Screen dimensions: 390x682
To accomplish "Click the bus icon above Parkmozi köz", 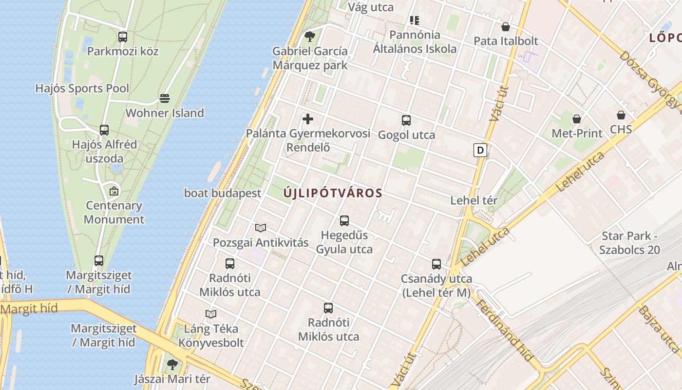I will click(123, 37).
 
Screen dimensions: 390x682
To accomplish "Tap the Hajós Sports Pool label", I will click(82, 88).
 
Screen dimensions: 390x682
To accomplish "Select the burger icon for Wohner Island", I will click(165, 98).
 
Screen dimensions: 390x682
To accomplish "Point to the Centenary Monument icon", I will click(114, 191).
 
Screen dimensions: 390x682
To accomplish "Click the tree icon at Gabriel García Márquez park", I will click(309, 37).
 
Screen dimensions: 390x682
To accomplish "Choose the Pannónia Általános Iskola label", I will click(415, 42).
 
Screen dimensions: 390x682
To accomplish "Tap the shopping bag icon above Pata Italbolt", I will click(506, 27).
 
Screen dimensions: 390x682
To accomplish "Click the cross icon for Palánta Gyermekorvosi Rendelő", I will click(308, 119).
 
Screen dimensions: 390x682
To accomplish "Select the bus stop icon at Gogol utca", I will click(406, 120).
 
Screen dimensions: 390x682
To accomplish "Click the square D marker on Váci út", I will click(480, 150).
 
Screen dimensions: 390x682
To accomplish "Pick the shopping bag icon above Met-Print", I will click(577, 119).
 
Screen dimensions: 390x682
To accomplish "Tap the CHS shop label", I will click(621, 130).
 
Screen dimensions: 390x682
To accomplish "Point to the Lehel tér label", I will click(474, 200).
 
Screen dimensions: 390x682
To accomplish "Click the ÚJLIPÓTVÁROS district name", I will click(333, 193).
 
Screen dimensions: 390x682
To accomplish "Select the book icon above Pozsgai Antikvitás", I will click(261, 228).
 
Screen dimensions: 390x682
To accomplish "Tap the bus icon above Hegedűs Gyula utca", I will click(344, 221).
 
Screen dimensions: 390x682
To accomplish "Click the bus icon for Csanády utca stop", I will click(436, 264).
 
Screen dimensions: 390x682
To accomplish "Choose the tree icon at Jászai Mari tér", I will click(172, 364).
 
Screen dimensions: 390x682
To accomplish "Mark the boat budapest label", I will click(223, 193).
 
